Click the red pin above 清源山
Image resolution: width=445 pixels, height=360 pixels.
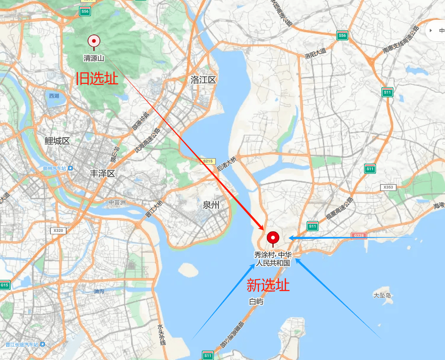(94, 41)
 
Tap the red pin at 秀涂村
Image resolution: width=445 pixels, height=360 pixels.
(273, 238)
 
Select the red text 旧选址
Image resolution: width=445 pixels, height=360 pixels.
(97, 79)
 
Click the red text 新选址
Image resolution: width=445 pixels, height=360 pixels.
(268, 285)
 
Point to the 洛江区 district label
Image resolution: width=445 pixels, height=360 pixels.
(203, 80)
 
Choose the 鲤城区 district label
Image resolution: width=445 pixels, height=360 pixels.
(57, 141)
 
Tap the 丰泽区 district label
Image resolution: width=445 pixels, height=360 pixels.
(102, 173)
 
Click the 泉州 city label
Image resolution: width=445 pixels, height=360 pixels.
(211, 205)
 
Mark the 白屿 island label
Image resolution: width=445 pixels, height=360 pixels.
(256, 302)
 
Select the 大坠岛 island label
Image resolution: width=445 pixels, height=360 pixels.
(382, 295)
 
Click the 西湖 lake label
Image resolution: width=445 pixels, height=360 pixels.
(54, 95)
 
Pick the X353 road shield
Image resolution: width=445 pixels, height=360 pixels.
(388, 187)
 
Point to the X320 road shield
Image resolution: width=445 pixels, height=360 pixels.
(58, 230)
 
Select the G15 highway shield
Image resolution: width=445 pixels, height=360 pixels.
(4, 285)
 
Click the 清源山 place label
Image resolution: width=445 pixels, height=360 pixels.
(94, 58)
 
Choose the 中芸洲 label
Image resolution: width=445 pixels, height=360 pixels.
(117, 203)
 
